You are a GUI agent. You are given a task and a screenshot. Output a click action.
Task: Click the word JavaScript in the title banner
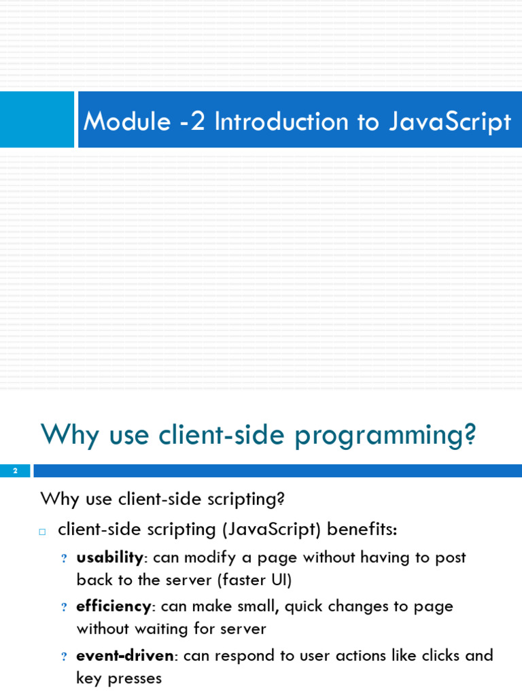(x=450, y=122)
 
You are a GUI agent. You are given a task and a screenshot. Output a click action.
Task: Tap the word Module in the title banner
(x=127, y=121)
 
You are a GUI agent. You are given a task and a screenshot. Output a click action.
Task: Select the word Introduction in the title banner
(x=281, y=121)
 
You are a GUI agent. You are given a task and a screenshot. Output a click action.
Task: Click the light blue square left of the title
(x=37, y=120)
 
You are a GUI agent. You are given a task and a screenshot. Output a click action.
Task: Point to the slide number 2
(x=15, y=471)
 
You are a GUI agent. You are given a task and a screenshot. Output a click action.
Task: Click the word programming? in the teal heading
(x=385, y=436)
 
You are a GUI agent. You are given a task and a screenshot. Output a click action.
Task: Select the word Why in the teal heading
(x=70, y=434)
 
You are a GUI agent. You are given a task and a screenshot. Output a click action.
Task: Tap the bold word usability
(x=109, y=558)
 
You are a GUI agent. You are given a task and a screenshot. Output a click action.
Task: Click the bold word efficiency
(x=114, y=607)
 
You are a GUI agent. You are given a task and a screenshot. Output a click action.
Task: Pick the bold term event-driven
(x=125, y=656)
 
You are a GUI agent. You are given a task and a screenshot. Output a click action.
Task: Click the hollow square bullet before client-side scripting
(x=42, y=532)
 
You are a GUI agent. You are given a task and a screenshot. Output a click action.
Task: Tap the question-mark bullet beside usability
(x=64, y=559)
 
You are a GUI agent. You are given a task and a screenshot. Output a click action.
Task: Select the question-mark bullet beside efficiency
(x=64, y=607)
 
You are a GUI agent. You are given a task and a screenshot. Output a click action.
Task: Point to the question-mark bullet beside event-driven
(x=64, y=657)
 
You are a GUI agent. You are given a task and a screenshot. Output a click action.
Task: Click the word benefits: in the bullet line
(x=362, y=529)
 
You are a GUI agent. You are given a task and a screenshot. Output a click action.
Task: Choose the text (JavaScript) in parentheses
(x=271, y=529)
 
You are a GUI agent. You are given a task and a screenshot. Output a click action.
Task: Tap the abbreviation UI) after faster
(x=281, y=580)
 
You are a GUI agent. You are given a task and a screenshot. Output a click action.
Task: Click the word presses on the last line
(x=135, y=679)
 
